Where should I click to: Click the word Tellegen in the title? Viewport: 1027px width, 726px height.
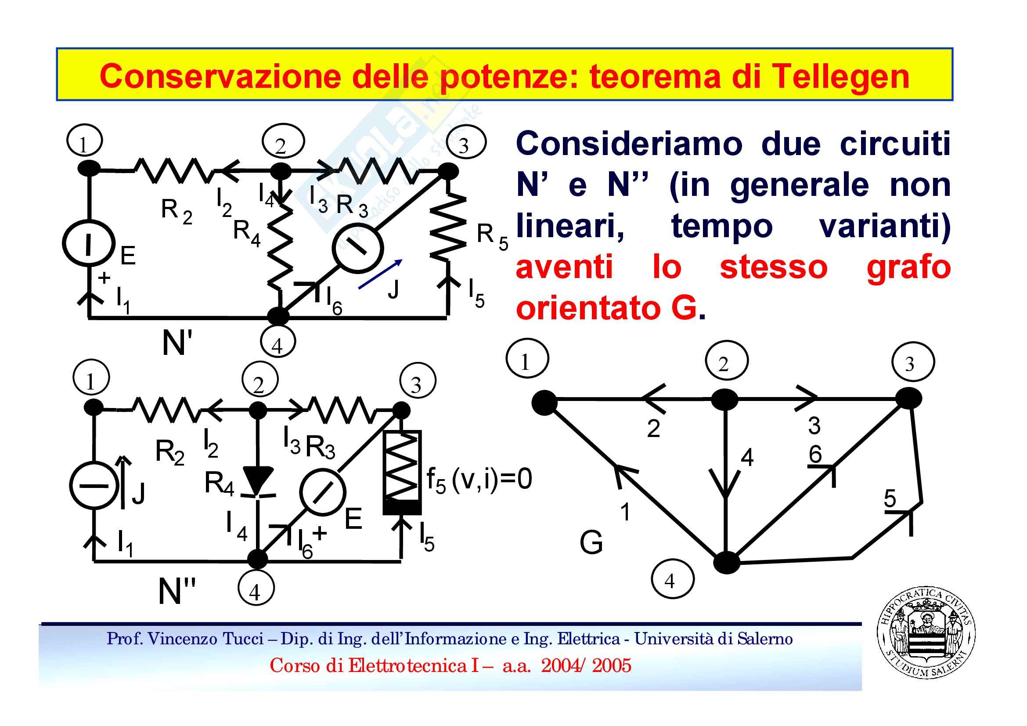tap(840, 76)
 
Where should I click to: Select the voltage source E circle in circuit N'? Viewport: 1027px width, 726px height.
tap(89, 243)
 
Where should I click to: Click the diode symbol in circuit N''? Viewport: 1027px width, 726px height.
tap(258, 481)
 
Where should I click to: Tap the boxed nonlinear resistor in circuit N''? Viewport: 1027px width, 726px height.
tap(402, 472)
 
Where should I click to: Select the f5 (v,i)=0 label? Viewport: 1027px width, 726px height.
tap(479, 480)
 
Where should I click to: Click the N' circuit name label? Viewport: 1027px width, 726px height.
tap(177, 343)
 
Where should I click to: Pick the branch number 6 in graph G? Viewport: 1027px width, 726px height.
tap(814, 455)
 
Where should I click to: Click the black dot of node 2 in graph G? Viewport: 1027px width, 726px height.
tap(724, 398)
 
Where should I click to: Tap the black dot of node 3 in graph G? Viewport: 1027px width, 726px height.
tap(908, 397)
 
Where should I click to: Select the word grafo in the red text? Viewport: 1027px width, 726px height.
tap(908, 267)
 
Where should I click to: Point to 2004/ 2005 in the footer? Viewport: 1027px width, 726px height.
tap(586, 666)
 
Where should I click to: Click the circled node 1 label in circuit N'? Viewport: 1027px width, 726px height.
tap(84, 141)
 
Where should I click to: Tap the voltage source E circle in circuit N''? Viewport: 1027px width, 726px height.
tap(322, 491)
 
